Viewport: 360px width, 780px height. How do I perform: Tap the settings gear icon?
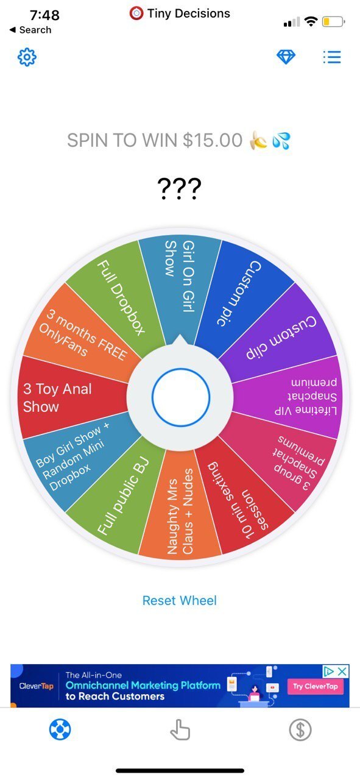(x=27, y=57)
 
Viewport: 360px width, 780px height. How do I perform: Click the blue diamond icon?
(x=286, y=57)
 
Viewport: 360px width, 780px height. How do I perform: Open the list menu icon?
(x=332, y=57)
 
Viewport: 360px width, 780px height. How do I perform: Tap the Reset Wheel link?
(x=180, y=600)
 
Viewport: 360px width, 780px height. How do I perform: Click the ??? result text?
(x=179, y=188)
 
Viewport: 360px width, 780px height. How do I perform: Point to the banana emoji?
(x=258, y=140)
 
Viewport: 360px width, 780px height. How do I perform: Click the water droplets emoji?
(x=281, y=141)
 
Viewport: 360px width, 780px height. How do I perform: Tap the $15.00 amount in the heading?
(x=213, y=140)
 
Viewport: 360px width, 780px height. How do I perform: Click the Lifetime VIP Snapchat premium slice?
(x=296, y=397)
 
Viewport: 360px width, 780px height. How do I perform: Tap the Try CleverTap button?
(x=316, y=686)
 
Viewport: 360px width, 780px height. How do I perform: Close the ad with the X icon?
(x=342, y=671)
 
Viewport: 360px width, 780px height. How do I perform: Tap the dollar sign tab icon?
(x=300, y=729)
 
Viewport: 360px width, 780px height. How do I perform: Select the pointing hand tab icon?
(x=180, y=729)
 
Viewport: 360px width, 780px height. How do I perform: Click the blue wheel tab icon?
(x=60, y=729)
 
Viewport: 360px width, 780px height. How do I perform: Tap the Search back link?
(x=30, y=30)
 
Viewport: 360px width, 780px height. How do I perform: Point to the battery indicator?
(x=333, y=21)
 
